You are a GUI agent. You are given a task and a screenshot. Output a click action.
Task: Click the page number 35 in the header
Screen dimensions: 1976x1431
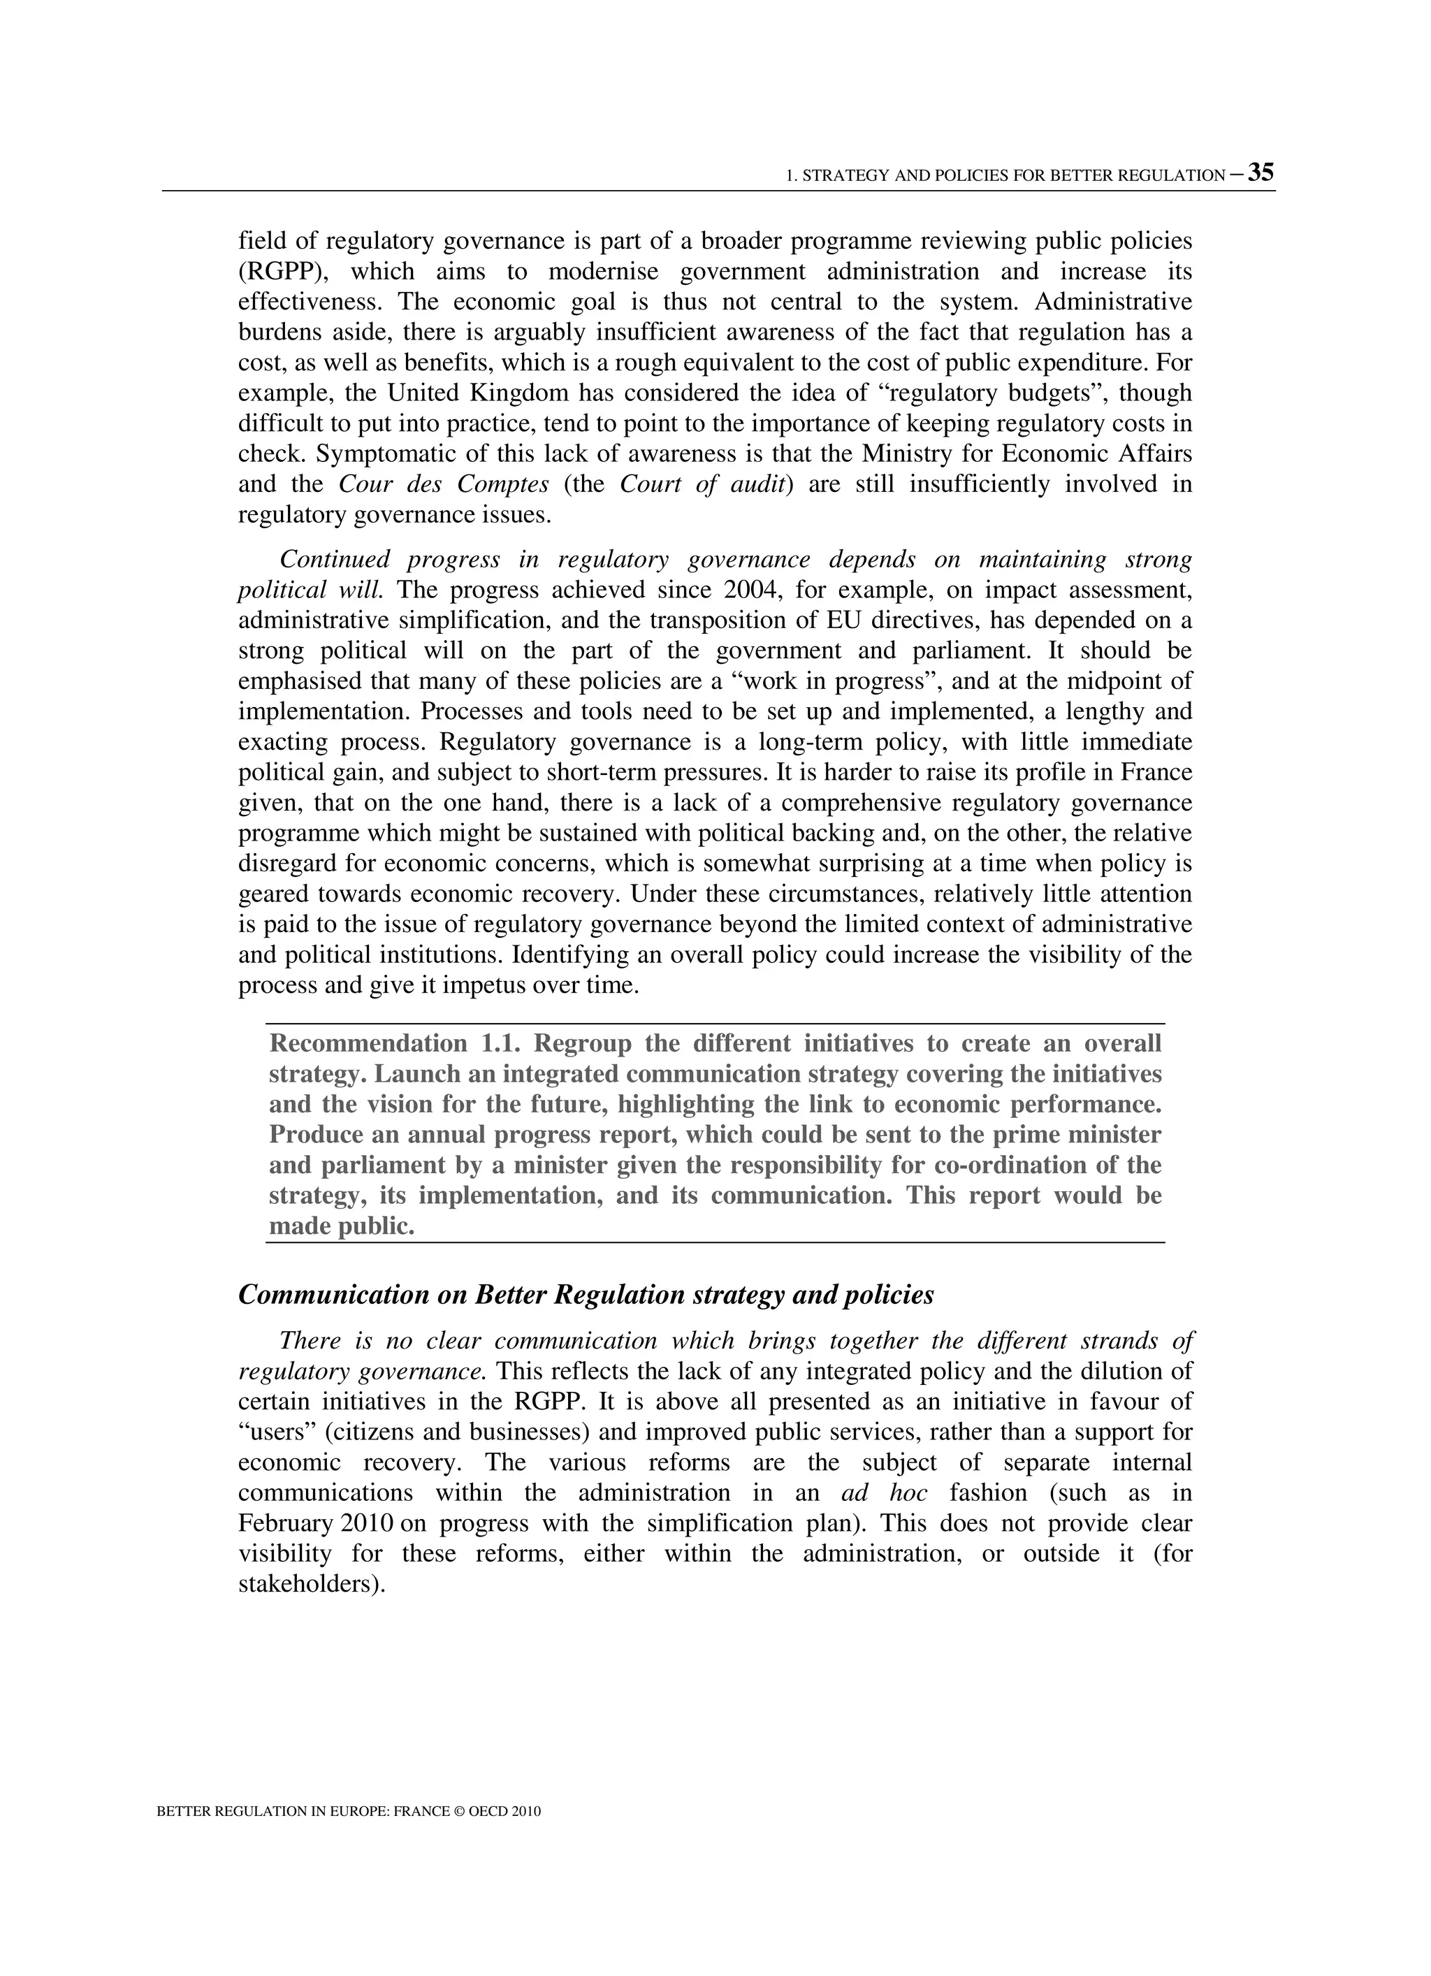(1261, 173)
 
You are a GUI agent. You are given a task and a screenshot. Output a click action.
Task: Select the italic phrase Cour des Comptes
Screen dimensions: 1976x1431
(444, 484)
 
